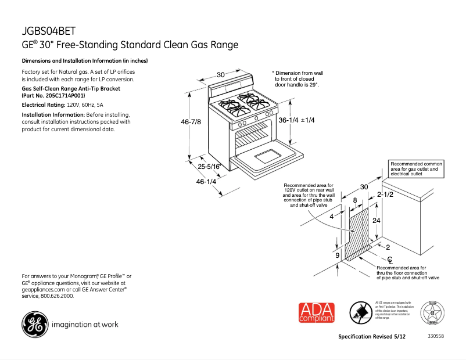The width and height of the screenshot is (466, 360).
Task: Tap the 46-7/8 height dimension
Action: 192,122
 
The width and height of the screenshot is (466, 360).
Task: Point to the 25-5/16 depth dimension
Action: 209,167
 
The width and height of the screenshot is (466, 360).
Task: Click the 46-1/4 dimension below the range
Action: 206,181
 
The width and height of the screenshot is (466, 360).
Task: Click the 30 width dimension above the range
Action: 221,75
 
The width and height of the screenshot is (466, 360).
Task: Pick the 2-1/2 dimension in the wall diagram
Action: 385,195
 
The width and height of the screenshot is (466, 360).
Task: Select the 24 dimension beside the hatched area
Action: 376,221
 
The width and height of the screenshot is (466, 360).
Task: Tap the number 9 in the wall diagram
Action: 337,255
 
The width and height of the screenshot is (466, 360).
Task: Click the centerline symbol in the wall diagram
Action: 391,260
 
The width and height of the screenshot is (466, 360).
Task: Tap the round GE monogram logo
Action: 35,325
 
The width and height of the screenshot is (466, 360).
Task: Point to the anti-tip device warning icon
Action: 360,314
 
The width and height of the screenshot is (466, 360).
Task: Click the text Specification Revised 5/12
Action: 372,337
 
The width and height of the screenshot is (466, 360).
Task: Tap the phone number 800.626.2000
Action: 56,296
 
